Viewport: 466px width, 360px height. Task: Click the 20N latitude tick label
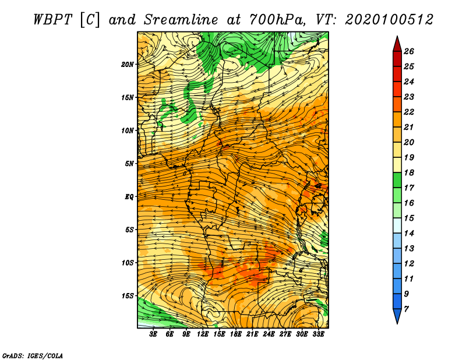click(x=128, y=65)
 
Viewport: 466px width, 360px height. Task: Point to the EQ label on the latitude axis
click(x=129, y=197)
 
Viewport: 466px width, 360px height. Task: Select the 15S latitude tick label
click(x=128, y=296)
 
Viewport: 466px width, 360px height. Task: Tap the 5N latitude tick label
click(x=129, y=164)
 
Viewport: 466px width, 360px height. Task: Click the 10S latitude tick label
click(x=128, y=263)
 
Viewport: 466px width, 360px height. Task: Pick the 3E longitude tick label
click(x=153, y=334)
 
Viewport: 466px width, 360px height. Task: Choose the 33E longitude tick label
click(x=318, y=334)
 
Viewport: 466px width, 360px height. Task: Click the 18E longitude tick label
click(x=236, y=334)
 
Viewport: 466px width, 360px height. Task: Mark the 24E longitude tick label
click(x=269, y=334)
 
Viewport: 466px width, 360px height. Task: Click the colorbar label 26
click(x=409, y=51)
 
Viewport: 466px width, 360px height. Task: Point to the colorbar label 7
click(x=406, y=309)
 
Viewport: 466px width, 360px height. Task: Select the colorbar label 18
click(x=409, y=172)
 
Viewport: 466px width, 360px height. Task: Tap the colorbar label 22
click(x=409, y=112)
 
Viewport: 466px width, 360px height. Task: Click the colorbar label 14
click(x=409, y=234)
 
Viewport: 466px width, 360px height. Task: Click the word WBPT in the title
click(x=53, y=20)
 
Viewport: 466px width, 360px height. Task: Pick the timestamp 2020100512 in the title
click(x=389, y=20)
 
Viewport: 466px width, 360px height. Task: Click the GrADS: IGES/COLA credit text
click(x=33, y=355)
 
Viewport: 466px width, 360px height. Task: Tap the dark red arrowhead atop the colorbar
click(x=397, y=44)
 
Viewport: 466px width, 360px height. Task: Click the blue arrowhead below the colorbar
click(x=397, y=316)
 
